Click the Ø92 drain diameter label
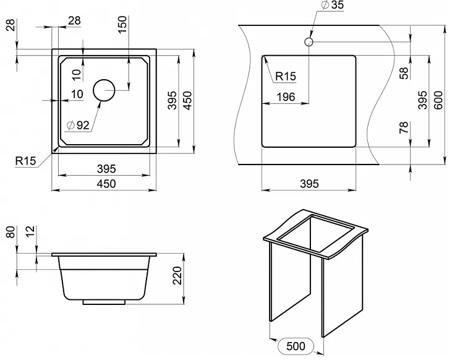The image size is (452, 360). [78, 125]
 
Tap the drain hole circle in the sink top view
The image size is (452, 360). [104, 90]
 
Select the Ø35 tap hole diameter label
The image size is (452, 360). [333, 5]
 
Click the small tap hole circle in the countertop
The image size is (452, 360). [309, 42]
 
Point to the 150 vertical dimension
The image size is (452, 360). [122, 25]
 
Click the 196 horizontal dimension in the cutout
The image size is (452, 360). [286, 97]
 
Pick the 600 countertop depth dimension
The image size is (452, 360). [438, 100]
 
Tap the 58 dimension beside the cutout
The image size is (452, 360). [404, 73]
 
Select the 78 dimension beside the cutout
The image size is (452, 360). [404, 127]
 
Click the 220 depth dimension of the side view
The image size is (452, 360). [177, 275]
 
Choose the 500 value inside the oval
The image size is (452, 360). [296, 346]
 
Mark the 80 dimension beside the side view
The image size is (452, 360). [11, 231]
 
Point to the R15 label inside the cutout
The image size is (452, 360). [286, 76]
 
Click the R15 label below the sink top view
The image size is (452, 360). [25, 161]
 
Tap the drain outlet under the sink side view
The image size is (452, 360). [104, 302]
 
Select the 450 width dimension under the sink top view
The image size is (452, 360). [106, 184]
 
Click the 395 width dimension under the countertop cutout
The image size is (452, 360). [309, 184]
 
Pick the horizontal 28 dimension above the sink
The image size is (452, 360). [74, 20]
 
